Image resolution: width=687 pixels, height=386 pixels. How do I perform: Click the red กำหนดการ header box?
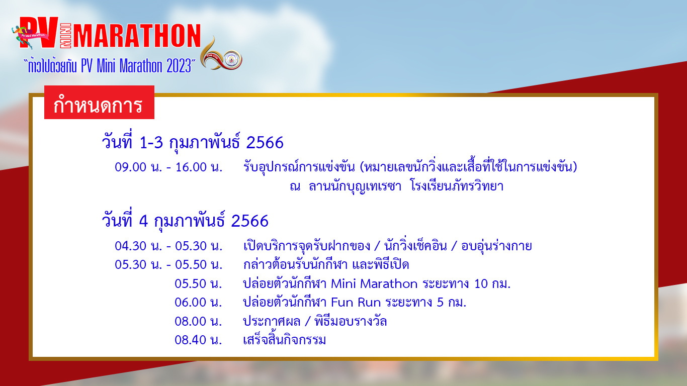(99, 102)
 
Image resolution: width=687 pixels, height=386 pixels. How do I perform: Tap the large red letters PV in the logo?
(39, 33)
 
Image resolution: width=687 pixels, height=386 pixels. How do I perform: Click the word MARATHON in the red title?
(137, 36)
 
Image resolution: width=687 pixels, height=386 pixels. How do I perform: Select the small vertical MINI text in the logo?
(65, 36)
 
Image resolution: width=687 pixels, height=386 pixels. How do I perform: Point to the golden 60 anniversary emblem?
(221, 55)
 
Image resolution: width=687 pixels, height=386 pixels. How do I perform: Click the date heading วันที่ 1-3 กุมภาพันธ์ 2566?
(193, 143)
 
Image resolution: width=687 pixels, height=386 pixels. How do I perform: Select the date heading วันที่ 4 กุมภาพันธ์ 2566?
(185, 221)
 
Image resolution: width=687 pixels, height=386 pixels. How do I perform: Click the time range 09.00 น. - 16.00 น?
(168, 167)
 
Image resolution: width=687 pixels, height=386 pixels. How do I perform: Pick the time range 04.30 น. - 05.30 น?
(168, 246)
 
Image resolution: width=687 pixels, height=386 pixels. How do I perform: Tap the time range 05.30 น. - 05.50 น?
(168, 264)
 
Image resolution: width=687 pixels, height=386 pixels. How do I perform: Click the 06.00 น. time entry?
(198, 302)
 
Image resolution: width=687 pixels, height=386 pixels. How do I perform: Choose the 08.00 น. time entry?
(198, 321)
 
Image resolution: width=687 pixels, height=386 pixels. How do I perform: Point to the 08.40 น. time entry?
(198, 340)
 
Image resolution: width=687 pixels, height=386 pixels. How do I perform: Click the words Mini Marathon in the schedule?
(374, 283)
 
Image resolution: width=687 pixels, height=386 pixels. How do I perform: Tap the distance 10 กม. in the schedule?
(492, 283)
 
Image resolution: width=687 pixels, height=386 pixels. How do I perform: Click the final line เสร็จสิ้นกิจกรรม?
(284, 339)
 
